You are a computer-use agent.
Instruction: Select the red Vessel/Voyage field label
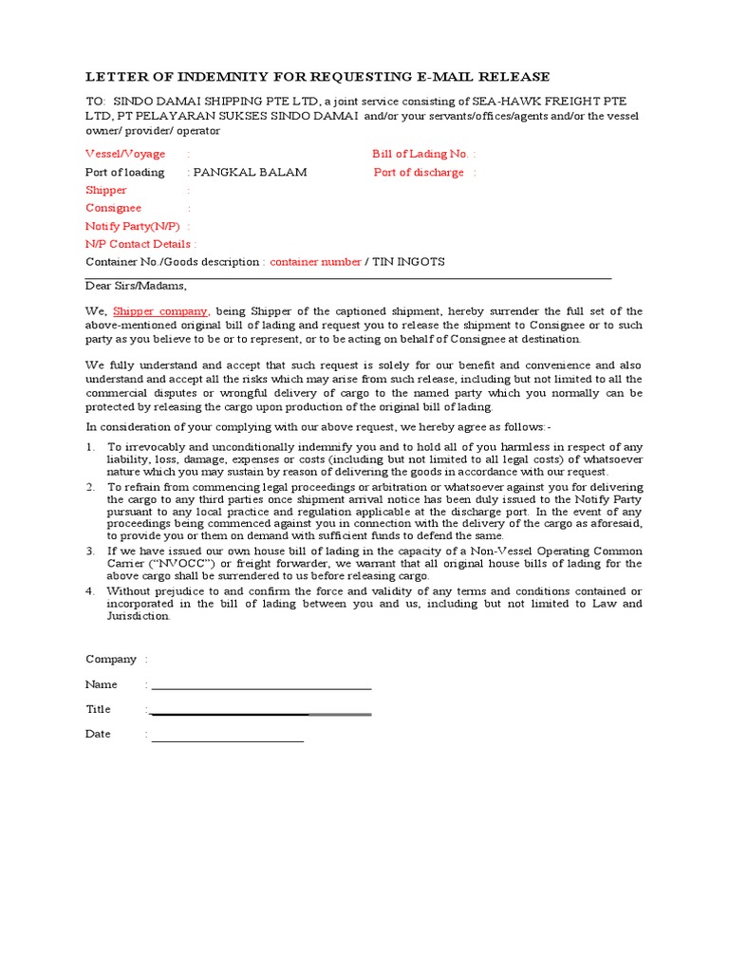click(x=125, y=154)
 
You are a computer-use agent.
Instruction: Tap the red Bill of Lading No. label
click(x=420, y=154)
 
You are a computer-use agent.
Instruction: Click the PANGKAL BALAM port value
click(x=250, y=172)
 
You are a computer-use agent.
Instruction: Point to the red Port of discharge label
click(x=419, y=172)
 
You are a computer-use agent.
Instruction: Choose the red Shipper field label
click(x=106, y=190)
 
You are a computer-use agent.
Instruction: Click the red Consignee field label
click(x=113, y=208)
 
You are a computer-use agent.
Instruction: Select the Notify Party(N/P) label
click(x=132, y=226)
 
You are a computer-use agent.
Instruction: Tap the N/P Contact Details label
click(x=139, y=244)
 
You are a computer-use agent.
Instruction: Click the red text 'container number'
click(x=315, y=262)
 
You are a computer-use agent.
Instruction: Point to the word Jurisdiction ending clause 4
click(x=138, y=616)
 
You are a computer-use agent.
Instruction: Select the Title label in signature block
click(x=98, y=709)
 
